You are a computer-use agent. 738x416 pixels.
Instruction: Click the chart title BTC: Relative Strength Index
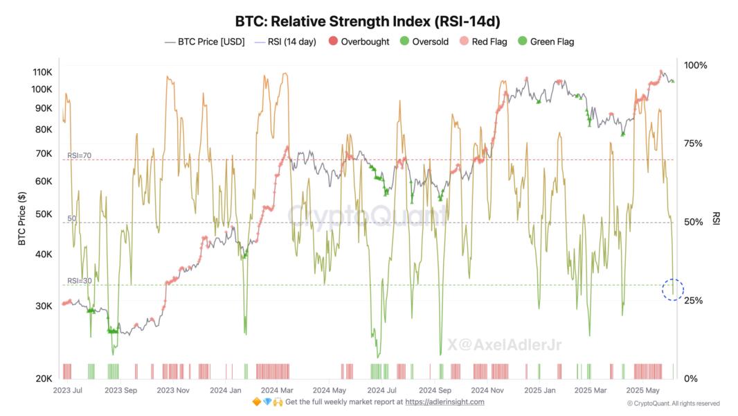click(368, 21)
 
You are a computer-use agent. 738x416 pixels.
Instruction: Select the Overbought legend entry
click(359, 42)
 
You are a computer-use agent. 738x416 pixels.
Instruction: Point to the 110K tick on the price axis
click(43, 72)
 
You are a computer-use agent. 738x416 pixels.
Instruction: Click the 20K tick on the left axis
click(44, 379)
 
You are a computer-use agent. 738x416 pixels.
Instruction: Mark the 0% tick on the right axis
click(691, 379)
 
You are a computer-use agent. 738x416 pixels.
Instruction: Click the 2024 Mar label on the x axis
click(276, 390)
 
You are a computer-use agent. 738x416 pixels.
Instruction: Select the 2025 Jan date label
click(540, 390)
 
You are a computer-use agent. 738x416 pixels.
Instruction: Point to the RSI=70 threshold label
click(79, 156)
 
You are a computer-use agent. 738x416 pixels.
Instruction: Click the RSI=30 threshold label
click(79, 281)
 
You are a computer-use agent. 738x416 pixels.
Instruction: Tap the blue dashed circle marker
click(673, 289)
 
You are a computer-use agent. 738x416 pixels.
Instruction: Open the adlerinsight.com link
click(444, 402)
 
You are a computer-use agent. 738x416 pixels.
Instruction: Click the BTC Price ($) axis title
click(21, 219)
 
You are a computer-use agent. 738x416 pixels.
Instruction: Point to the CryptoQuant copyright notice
click(673, 404)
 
